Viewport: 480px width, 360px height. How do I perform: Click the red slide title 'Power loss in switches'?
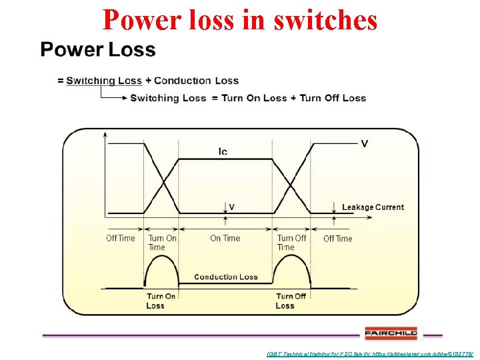pos(240,20)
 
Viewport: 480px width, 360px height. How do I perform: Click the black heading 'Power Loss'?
pos(98,50)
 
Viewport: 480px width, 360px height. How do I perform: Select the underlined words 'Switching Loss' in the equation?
pos(104,81)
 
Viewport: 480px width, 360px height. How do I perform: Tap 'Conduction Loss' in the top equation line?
pos(196,81)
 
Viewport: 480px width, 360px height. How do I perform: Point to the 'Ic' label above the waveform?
pos(223,151)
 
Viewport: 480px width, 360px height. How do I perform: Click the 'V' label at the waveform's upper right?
pos(364,143)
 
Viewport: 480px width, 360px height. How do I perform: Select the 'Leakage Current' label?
pos(373,207)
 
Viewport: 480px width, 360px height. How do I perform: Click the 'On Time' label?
pos(225,238)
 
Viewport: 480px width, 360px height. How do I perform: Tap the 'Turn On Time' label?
pos(162,243)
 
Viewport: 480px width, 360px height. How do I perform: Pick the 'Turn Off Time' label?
pos(291,243)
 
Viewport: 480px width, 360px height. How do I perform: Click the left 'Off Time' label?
pos(120,238)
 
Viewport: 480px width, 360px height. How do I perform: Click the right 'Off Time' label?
pos(337,238)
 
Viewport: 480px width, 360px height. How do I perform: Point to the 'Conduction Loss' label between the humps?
pos(225,277)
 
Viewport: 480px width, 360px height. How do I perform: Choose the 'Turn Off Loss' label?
pos(291,301)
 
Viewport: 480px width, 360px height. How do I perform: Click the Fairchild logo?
pos(391,333)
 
